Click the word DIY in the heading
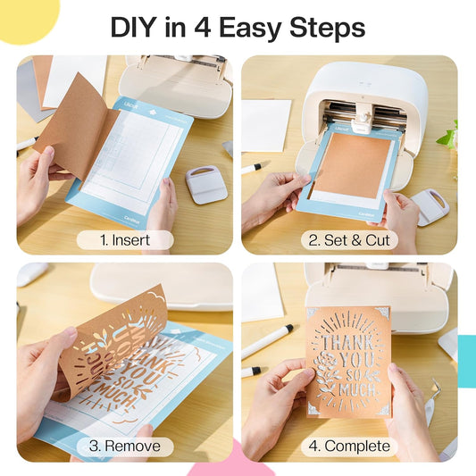click(135, 28)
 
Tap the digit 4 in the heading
click(203, 28)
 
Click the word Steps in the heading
click(327, 29)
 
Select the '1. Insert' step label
click(125, 240)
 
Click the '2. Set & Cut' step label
click(349, 240)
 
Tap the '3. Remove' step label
click(125, 446)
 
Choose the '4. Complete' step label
click(349, 446)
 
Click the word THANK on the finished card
click(347, 342)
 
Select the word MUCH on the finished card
click(357, 388)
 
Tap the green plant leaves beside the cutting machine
click(447, 136)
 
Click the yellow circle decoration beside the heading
click(28, 18)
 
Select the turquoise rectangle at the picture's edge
click(466, 362)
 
